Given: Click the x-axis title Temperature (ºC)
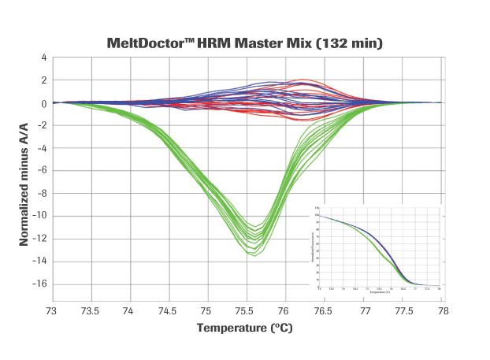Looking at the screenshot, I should point(245,328).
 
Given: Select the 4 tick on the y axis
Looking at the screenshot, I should point(45,58).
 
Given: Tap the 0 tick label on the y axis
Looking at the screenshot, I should point(45,103).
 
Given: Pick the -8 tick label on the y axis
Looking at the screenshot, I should point(42,194).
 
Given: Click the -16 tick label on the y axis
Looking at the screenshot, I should point(39,284).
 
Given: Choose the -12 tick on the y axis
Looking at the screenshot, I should point(39,239).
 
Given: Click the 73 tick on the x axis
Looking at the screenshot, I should point(54,311).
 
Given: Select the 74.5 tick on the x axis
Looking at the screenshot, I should point(170,311).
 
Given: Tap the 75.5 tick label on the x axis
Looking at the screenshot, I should point(248,311).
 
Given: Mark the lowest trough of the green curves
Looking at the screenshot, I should point(253,254).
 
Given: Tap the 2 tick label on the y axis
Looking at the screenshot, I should point(45,80).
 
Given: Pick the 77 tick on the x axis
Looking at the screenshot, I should point(365,311).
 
